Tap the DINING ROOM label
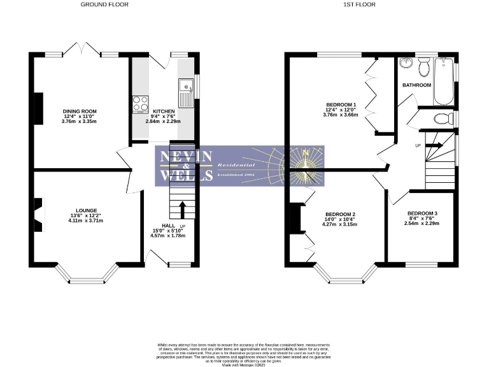(x=80, y=111)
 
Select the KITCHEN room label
(x=163, y=111)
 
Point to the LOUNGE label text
(x=86, y=210)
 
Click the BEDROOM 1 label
(x=341, y=104)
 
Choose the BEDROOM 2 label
(x=340, y=214)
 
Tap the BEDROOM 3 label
(x=422, y=213)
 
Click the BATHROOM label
(x=416, y=85)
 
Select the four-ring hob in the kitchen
(x=140, y=103)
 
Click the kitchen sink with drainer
(x=186, y=92)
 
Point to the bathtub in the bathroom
(x=443, y=82)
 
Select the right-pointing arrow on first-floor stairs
(x=434, y=145)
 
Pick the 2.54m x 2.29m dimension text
(x=422, y=223)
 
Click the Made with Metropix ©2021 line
(x=244, y=364)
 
